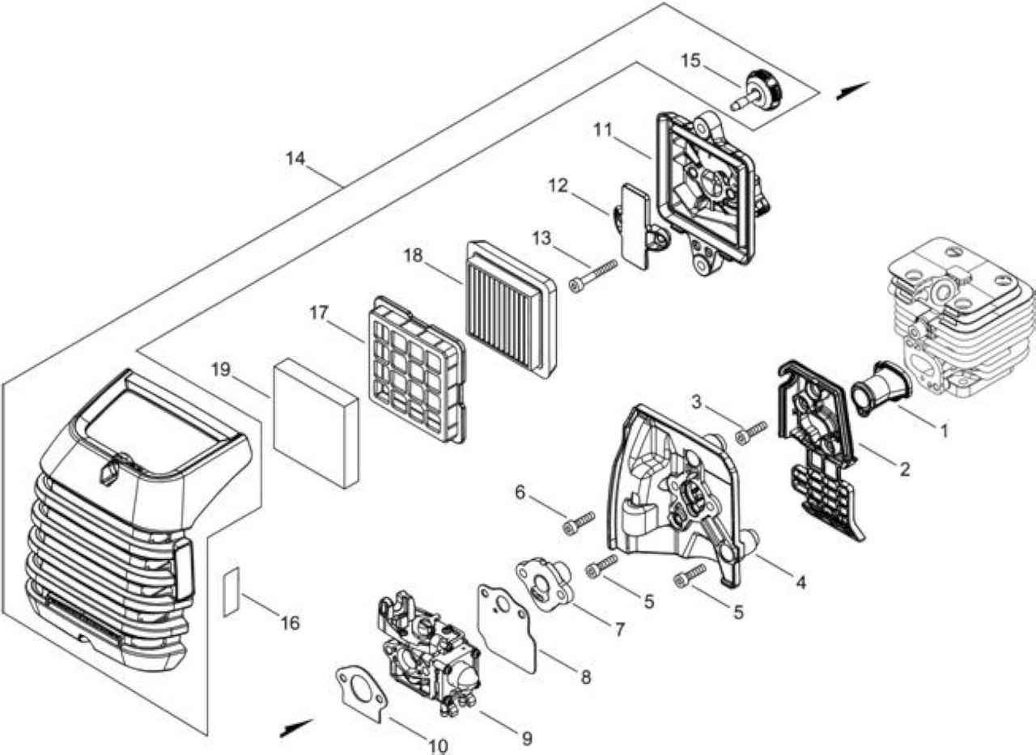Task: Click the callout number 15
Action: (x=691, y=61)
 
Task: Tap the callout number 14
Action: (x=295, y=159)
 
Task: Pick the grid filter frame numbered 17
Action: (x=416, y=370)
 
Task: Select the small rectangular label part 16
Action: (x=231, y=592)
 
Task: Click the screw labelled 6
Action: (x=578, y=523)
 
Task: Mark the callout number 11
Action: (x=603, y=130)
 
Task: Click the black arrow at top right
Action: (x=853, y=90)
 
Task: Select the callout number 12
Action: (x=558, y=186)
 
